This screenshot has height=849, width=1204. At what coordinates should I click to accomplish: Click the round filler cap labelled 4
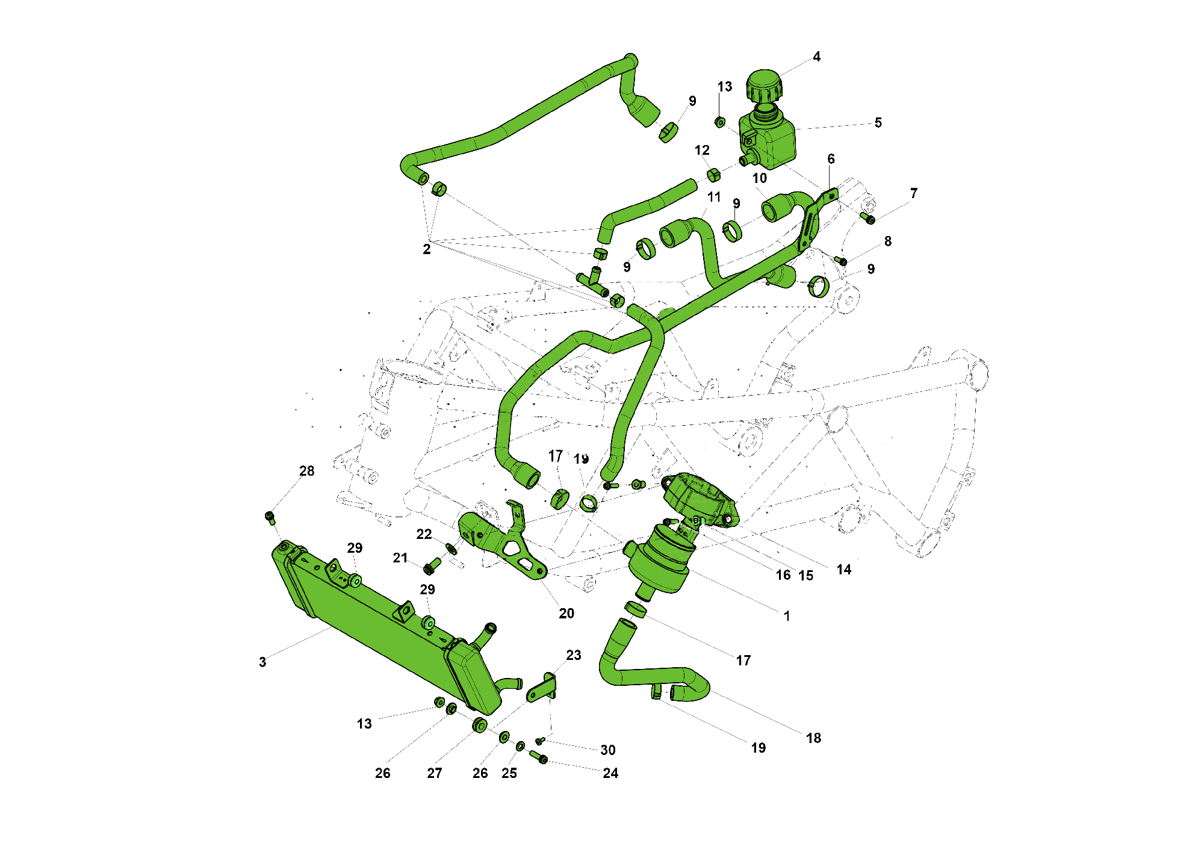765,86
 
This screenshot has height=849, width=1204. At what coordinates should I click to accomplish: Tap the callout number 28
307,471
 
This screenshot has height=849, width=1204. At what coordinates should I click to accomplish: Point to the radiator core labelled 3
373,626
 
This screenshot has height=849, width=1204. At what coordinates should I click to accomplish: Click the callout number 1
787,616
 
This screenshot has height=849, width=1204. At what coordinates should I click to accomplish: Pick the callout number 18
813,738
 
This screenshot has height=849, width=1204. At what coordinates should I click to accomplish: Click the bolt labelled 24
538,757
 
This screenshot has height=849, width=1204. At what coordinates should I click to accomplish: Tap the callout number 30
608,750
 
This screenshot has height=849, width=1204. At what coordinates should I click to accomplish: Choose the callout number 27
435,773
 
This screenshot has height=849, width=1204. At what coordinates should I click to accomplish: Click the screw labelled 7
867,218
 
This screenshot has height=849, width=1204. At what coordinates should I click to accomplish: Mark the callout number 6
831,159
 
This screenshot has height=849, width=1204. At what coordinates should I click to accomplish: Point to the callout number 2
427,249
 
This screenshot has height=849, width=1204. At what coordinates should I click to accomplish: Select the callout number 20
566,614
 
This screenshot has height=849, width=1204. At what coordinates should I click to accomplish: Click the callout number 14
844,570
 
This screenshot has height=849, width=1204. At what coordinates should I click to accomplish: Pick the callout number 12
702,151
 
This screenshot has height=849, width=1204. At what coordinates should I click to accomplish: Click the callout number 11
714,197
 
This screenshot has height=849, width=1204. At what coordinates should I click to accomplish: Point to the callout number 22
424,534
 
